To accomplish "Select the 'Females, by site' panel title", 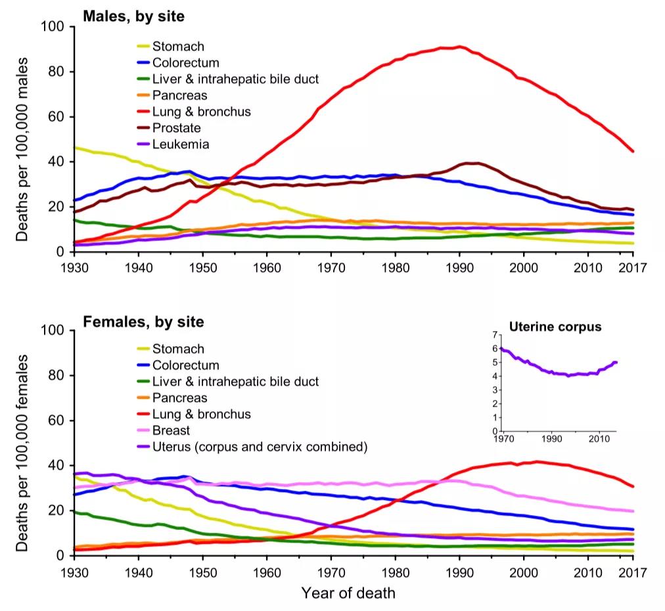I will [x=143, y=322].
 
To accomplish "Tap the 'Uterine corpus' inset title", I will [x=555, y=327].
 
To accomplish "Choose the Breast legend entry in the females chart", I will [x=171, y=431].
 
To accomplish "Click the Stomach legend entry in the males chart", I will [x=178, y=47].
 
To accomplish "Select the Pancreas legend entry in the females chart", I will [x=179, y=398].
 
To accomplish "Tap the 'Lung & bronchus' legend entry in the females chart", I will [x=201, y=415].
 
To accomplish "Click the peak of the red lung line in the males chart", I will [x=460, y=47].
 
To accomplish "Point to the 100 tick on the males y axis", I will [x=53, y=27].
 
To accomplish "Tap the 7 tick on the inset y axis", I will [x=494, y=335].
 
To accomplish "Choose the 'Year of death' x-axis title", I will [x=348, y=593].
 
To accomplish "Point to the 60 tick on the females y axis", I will [x=57, y=420].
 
